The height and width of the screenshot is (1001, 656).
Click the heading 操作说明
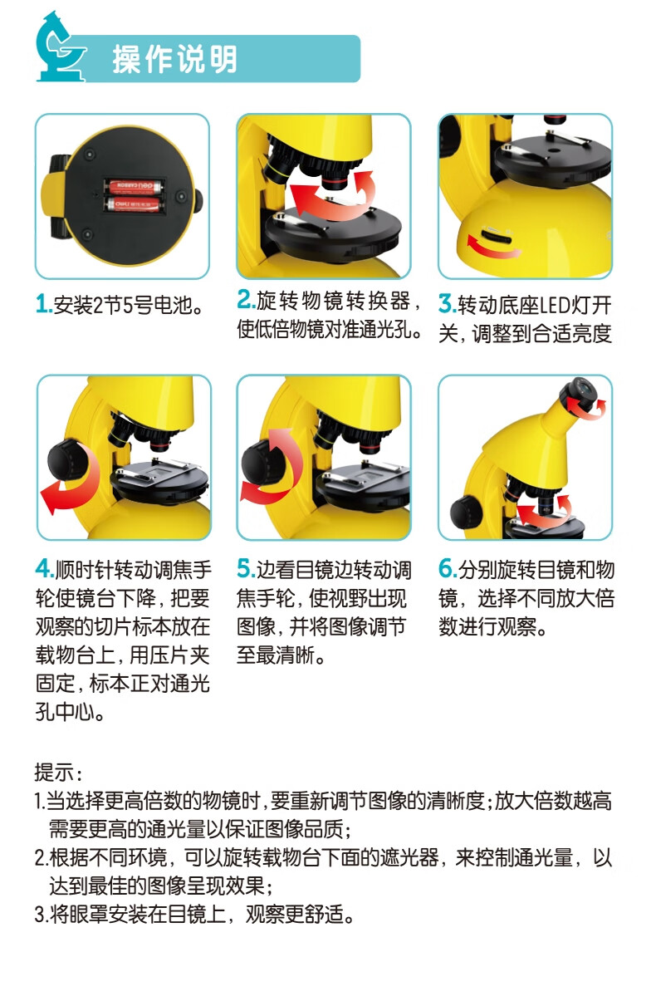click(174, 59)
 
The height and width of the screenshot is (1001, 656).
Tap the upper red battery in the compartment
click(133, 185)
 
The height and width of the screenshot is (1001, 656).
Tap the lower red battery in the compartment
click(133, 204)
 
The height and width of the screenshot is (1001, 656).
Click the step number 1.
click(43, 305)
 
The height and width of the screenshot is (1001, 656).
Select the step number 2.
click(245, 299)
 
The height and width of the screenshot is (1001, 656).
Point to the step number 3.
click(447, 304)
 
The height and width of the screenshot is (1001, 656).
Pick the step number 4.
click(44, 569)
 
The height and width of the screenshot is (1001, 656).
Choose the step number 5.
click(246, 569)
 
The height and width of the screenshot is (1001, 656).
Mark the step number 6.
click(447, 569)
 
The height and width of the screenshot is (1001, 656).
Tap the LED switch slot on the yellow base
click(496, 236)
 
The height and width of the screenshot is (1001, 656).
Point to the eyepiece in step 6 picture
click(579, 392)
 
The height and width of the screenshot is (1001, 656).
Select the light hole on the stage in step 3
click(554, 150)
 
